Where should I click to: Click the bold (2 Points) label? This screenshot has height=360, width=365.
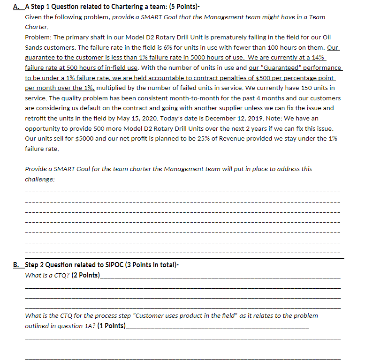[86, 276]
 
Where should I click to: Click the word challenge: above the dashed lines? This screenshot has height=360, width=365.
[39, 180]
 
